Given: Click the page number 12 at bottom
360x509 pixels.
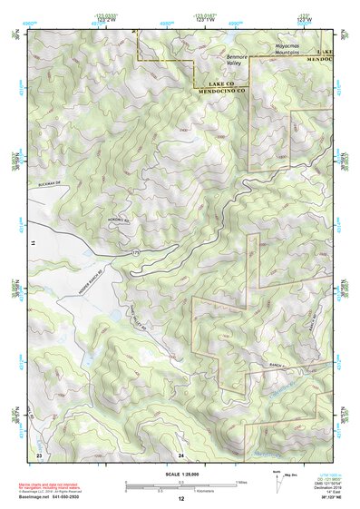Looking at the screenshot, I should coord(180,499).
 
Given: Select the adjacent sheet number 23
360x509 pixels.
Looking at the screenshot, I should coord(38,454).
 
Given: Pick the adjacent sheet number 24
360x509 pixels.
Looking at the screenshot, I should coord(180,454).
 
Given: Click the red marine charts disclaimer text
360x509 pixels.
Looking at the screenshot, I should coord(54,477).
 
